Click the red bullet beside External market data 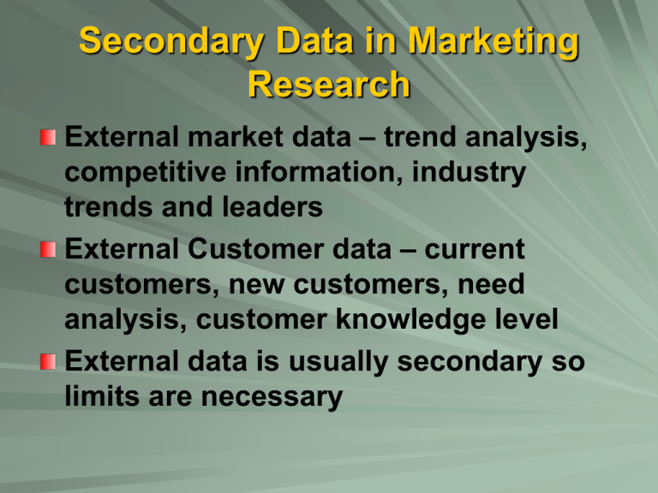(49, 138)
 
